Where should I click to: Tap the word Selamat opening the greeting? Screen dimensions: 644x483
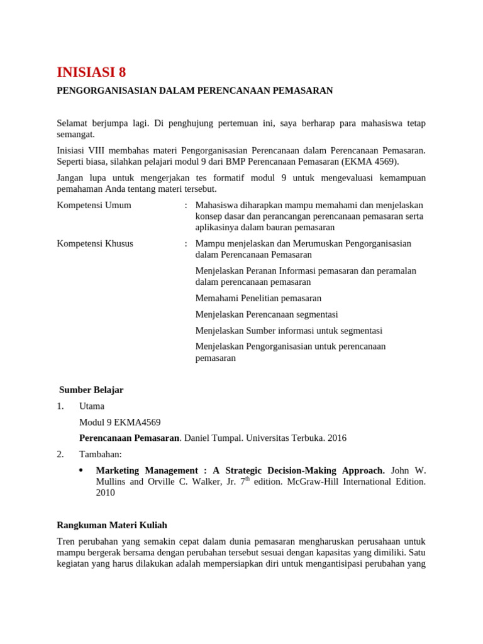[x=73, y=123]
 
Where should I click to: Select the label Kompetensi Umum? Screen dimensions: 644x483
[x=94, y=205]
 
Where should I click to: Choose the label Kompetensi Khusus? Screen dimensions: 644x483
[x=95, y=243]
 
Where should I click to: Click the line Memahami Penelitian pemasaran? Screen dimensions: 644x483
[x=258, y=298]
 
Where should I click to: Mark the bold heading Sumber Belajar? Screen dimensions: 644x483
[x=91, y=390]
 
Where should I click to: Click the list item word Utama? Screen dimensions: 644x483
[x=92, y=406]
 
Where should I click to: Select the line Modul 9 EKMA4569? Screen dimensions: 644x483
[x=124, y=422]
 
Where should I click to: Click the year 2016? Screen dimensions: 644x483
[x=336, y=438]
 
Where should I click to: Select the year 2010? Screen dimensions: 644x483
[x=105, y=493]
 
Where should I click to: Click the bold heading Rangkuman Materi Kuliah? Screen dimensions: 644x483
[x=112, y=525]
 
